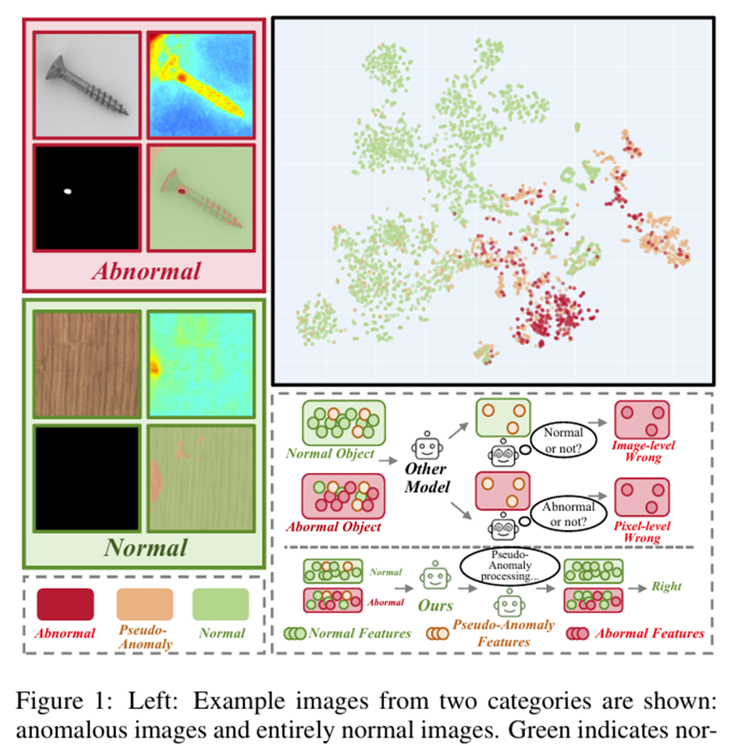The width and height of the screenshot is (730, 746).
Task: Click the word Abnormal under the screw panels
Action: tap(146, 271)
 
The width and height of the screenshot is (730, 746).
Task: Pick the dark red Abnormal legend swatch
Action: tap(66, 604)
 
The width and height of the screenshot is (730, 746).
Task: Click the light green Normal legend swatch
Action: tap(220, 604)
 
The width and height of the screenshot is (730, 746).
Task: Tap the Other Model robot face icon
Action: tap(426, 445)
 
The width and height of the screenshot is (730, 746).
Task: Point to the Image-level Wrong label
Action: tap(643, 451)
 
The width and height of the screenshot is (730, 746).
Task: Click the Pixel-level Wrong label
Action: tap(643, 530)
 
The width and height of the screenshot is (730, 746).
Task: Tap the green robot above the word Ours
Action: tap(433, 578)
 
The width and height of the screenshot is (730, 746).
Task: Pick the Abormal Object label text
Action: tap(334, 527)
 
